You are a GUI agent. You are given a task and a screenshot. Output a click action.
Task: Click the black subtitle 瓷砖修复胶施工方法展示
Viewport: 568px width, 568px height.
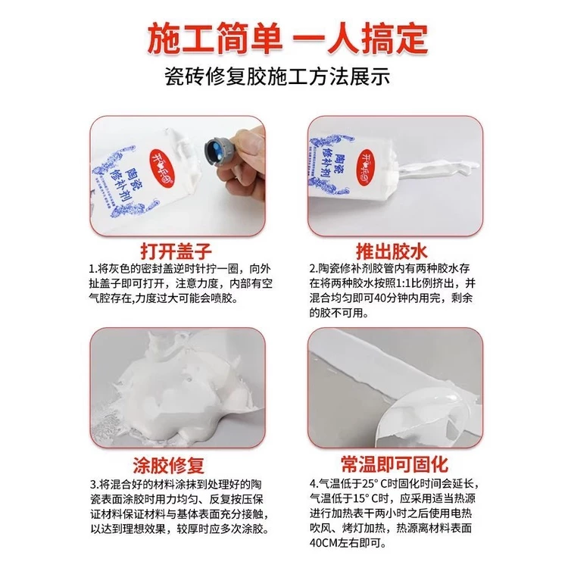click(277, 76)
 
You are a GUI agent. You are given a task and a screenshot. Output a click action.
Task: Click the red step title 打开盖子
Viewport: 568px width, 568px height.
click(176, 251)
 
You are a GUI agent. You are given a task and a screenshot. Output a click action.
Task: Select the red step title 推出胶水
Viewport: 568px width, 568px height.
click(392, 251)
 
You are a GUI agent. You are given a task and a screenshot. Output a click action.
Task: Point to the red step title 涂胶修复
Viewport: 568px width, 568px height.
click(169, 465)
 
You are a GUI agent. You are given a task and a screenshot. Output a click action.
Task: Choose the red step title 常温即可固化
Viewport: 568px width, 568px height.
click(395, 464)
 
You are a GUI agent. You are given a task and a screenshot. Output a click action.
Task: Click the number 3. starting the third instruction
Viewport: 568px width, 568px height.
click(94, 485)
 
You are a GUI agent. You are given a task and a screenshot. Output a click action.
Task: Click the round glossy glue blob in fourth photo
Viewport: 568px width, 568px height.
click(431, 417)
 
